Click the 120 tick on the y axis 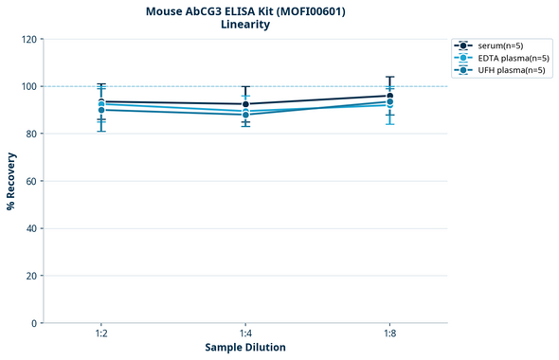[27, 39]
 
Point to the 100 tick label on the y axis [27, 86]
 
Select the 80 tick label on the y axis [30, 134]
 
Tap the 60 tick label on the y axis [30, 181]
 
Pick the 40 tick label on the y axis [30, 228]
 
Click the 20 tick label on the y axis [30, 276]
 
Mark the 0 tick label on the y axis [33, 323]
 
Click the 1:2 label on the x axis [101, 334]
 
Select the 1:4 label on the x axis [245, 334]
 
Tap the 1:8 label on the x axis [389, 334]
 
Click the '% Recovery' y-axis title [11, 181]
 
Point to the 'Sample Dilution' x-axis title [245, 348]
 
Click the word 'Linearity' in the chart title [245, 25]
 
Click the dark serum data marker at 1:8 [389, 96]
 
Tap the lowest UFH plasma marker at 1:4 [245, 115]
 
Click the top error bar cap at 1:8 [389, 77]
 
